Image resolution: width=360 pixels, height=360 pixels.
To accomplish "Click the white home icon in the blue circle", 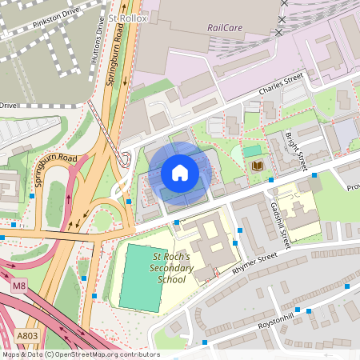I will (180, 172).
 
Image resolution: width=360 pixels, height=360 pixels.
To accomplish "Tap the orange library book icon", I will (257, 166).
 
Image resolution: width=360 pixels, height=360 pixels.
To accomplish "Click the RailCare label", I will (225, 27).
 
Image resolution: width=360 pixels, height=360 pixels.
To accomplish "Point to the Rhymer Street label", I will (254, 263).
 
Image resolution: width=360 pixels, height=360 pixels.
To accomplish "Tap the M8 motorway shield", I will (18, 284).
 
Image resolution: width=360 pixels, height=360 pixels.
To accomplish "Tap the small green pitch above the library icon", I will (252, 150).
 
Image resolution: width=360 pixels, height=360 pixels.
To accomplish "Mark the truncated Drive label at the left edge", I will (7, 105).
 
